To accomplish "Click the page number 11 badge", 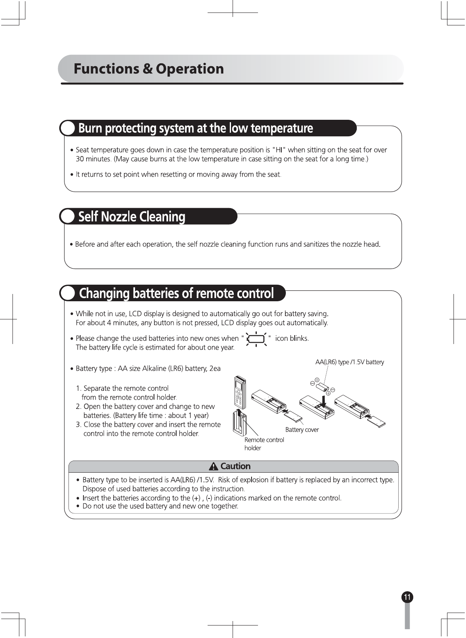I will tap(407, 597).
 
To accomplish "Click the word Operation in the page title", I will tap(189, 69).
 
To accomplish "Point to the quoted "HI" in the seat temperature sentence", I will tap(279, 150).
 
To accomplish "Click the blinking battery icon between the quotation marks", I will tap(256, 339).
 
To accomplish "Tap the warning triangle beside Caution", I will tap(213, 467).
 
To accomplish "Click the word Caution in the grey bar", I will tap(235, 466).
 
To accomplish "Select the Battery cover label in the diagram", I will tap(302, 430).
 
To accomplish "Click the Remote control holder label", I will tap(264, 444).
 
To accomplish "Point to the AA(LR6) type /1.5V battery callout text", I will tap(349, 362).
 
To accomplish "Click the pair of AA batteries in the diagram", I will tap(322, 388).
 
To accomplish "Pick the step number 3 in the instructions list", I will tap(78, 425).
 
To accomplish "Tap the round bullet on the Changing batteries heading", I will tap(68, 293).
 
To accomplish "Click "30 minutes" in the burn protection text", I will tap(93, 159).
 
